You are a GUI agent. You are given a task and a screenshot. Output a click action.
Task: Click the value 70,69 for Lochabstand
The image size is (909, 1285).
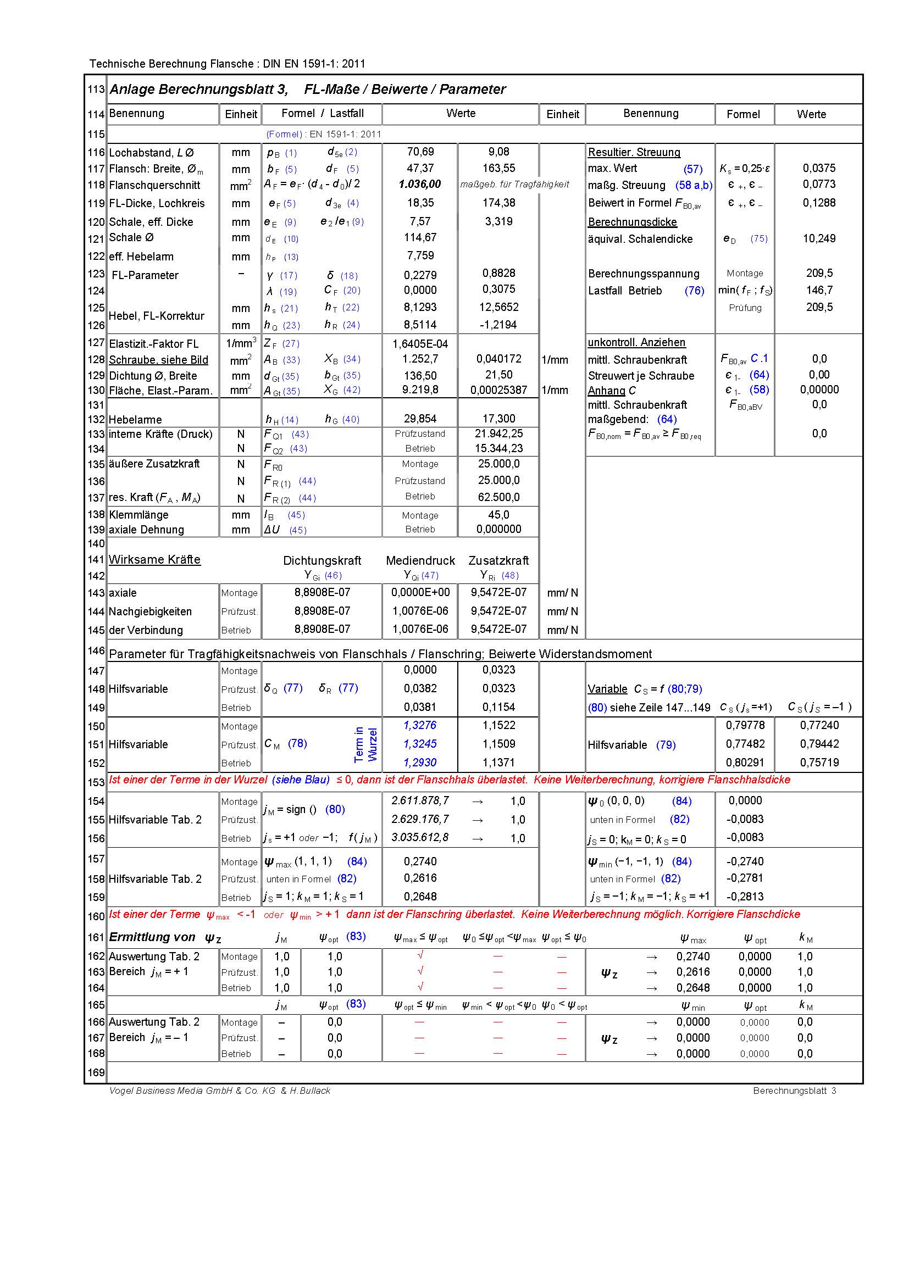pos(420,152)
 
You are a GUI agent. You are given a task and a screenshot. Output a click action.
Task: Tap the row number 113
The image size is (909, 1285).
pos(96,90)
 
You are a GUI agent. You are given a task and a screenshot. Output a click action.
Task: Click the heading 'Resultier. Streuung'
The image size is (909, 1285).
pos(634,152)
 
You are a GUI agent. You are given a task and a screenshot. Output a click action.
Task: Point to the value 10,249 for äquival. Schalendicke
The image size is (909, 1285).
pos(819,238)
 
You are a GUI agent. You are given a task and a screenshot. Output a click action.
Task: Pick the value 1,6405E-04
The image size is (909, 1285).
pos(420,343)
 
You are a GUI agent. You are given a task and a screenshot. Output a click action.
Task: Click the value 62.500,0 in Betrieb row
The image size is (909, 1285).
pos(498,497)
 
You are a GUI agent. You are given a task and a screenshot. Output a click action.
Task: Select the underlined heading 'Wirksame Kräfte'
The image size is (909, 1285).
pos(154,560)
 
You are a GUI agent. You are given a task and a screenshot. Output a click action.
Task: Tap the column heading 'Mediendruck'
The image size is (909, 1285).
pos(420,561)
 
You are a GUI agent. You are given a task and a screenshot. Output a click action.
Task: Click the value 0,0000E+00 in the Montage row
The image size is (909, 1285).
pos(420,592)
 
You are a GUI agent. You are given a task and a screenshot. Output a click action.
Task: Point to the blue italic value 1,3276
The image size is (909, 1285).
pos(420,725)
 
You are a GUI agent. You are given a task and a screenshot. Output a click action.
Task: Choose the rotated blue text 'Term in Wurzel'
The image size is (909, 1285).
pos(366,744)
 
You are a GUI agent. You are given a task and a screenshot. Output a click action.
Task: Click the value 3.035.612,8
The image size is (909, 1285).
pos(420,838)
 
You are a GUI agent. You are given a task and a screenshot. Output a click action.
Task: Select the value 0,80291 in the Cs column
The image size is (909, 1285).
pos(745,763)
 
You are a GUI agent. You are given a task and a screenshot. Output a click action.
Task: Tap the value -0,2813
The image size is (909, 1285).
pos(745,897)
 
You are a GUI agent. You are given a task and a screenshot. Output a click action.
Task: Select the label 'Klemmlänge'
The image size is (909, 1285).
pos(138,515)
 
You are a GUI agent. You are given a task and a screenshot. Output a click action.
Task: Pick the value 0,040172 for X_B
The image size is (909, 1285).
pos(498,359)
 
